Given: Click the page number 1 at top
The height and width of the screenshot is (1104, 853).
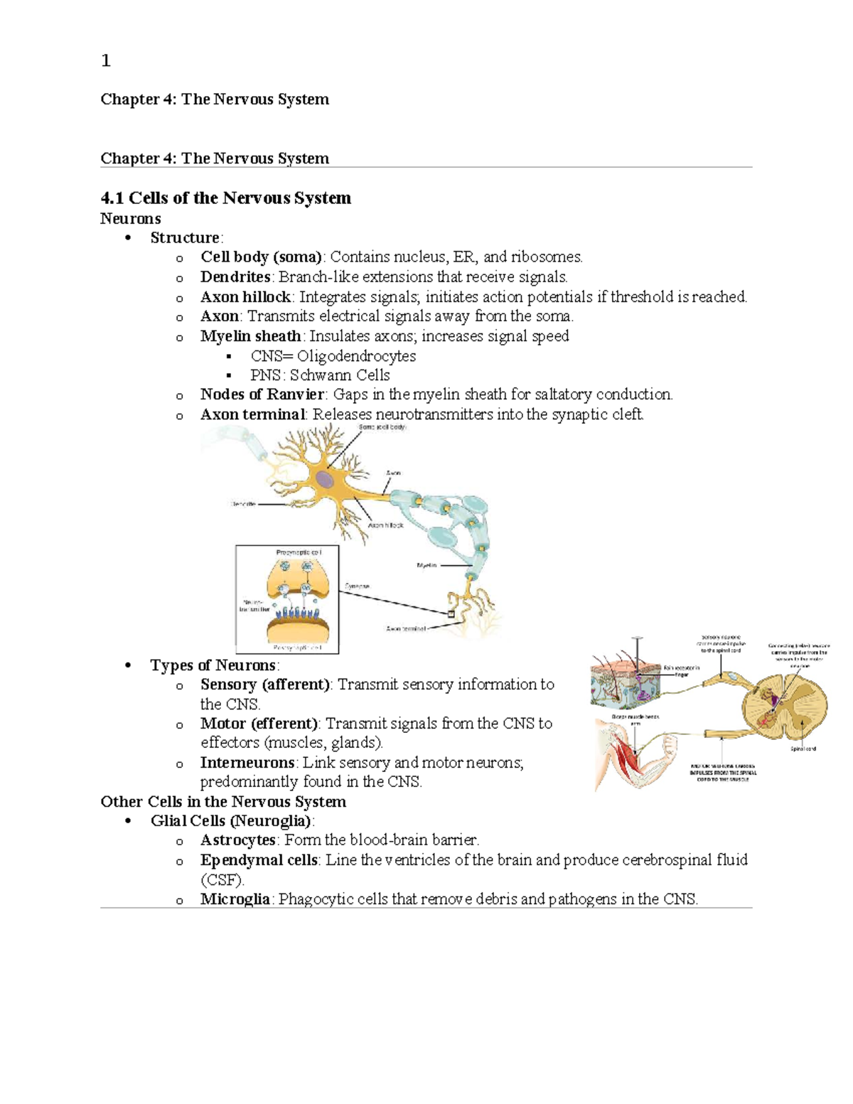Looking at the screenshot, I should pyautogui.click(x=106, y=61).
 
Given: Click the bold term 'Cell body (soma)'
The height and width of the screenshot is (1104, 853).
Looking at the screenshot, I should pyautogui.click(x=261, y=257).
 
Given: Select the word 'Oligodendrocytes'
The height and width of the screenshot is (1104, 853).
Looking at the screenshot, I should pyautogui.click(x=356, y=356).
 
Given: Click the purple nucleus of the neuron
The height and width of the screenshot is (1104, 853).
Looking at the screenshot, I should pyautogui.click(x=325, y=480).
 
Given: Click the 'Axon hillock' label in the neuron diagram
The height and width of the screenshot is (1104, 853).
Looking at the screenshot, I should pyautogui.click(x=385, y=525).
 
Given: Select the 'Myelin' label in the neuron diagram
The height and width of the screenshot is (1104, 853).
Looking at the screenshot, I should pyautogui.click(x=426, y=566).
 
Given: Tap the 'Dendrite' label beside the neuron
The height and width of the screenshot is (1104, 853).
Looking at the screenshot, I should pyautogui.click(x=243, y=504).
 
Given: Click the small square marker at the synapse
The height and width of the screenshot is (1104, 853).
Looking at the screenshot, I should pyautogui.click(x=451, y=613).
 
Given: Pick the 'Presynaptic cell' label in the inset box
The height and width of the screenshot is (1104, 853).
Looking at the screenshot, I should pyautogui.click(x=299, y=552).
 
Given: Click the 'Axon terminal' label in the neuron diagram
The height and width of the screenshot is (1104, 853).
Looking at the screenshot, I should pyautogui.click(x=405, y=628).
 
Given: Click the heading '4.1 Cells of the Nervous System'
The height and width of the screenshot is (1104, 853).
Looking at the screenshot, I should pyautogui.click(x=226, y=198).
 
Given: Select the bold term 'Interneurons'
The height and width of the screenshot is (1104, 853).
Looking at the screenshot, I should pyautogui.click(x=247, y=763).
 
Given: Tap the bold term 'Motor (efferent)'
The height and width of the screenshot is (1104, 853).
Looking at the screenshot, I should pyautogui.click(x=259, y=724).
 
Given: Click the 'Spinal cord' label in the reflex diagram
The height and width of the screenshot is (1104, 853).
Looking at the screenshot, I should pyautogui.click(x=803, y=749).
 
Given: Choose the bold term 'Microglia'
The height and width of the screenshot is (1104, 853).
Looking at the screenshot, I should pyautogui.click(x=235, y=899).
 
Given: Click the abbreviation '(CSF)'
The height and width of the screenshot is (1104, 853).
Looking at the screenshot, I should pyautogui.click(x=222, y=880).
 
